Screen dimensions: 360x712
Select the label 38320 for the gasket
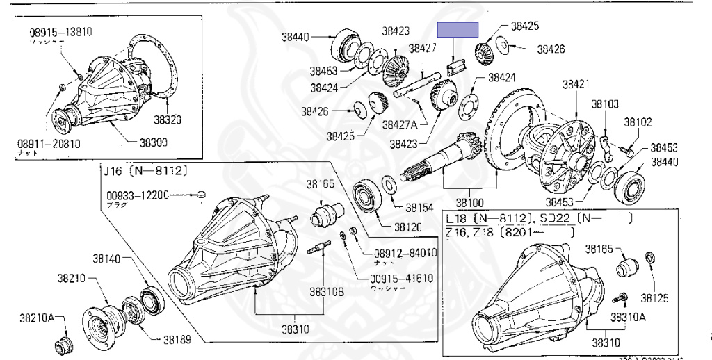pyautogui.click(x=168, y=119)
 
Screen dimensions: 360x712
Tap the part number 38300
pyautogui.click(x=154, y=142)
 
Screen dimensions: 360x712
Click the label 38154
pyautogui.click(x=419, y=207)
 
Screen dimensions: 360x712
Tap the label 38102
pyautogui.click(x=638, y=121)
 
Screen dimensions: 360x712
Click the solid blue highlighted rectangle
pyautogui.click(x=458, y=29)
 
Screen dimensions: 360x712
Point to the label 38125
pyautogui.click(x=654, y=298)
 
